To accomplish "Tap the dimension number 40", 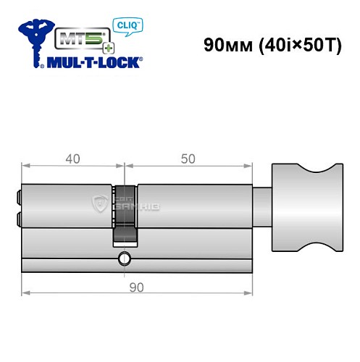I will [72, 159].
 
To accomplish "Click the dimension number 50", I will [188, 159].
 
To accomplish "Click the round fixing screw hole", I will [125, 258].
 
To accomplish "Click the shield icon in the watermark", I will [101, 205].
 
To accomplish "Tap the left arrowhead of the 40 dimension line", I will [25, 169].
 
